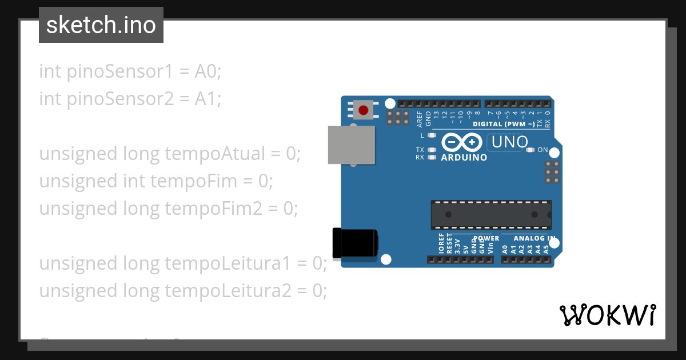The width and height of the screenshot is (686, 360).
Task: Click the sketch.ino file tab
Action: point(101,25)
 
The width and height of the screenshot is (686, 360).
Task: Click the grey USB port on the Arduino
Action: point(351,145)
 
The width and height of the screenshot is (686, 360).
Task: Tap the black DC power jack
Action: point(354,242)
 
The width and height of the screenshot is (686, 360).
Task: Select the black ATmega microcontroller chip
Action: point(491,215)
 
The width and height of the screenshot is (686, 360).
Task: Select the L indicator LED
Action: point(432,135)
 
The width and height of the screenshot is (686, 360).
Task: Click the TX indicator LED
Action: point(432,150)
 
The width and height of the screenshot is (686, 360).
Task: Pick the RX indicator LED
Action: point(432,157)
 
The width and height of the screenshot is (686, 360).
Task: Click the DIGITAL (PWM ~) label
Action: point(504,124)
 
